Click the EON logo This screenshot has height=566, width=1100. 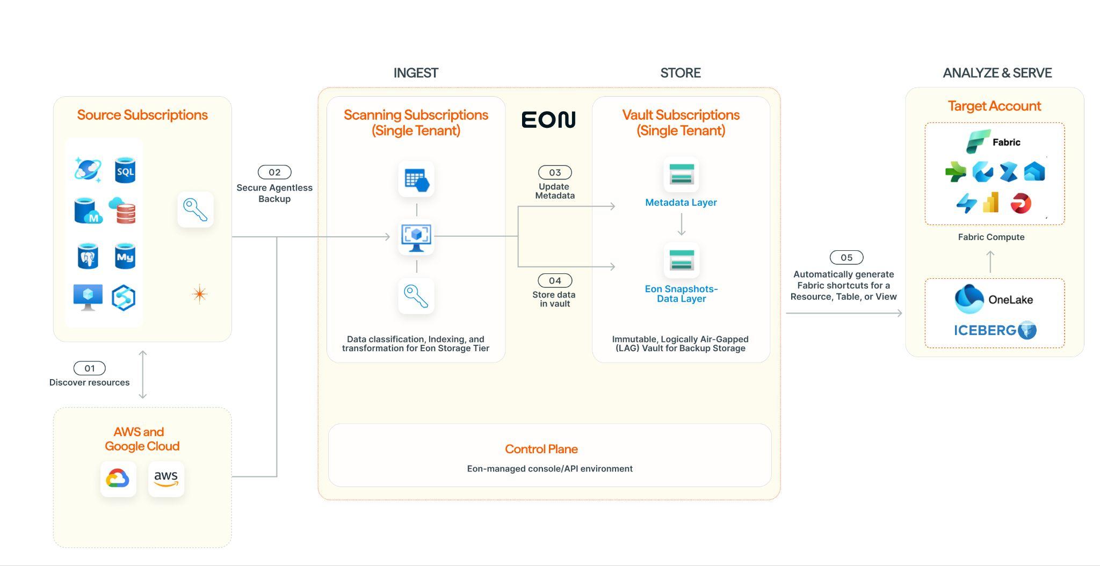pos(548,119)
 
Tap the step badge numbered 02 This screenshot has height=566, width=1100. pos(274,172)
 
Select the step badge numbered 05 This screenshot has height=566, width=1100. pos(846,258)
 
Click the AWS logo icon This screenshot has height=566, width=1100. pos(166,478)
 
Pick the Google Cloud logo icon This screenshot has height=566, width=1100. pos(118,478)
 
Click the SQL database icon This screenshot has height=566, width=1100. pos(125,170)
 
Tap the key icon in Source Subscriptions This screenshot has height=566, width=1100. pos(195,210)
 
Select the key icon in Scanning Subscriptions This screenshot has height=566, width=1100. pos(416,296)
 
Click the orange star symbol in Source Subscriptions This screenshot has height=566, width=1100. pos(199,294)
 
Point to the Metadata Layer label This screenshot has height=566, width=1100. pos(681,202)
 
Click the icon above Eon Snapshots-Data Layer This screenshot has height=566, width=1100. pos(681,260)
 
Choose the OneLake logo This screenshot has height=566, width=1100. pos(994,300)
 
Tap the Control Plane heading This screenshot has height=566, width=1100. pos(541,449)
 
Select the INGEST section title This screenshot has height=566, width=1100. pos(416,73)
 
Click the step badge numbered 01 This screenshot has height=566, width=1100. pos(89,368)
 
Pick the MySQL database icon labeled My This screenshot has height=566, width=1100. pos(125,256)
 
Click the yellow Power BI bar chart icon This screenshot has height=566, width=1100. pos(991,203)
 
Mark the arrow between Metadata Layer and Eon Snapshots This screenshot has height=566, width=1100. pos(681,224)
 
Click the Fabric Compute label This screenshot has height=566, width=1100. pos(991,237)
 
